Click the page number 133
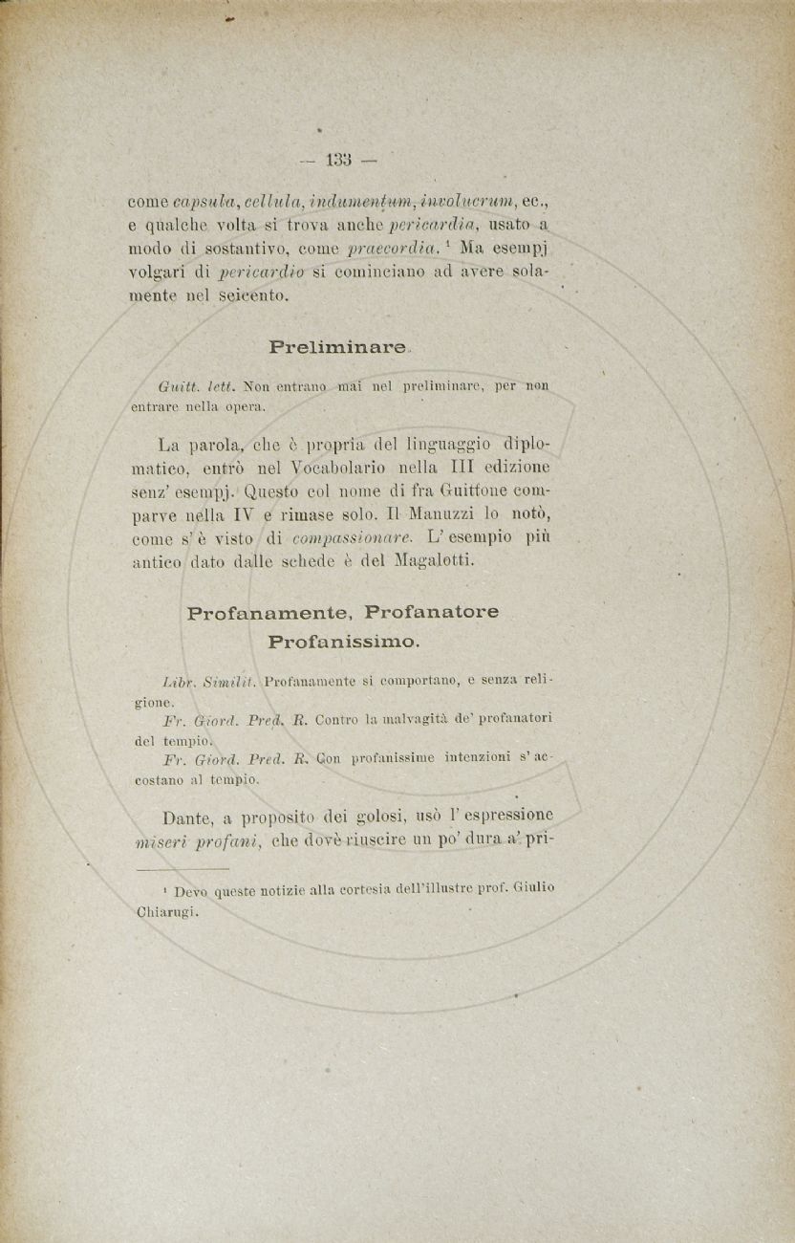339,159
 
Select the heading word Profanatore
432,612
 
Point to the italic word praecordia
392,250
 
